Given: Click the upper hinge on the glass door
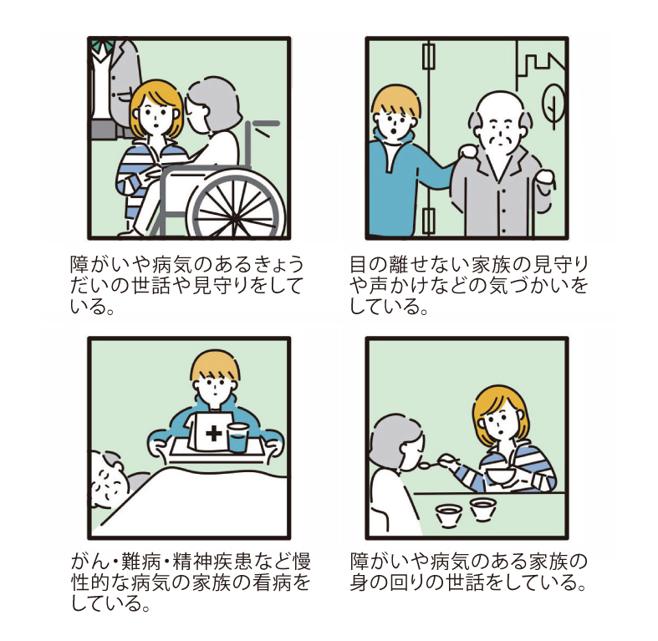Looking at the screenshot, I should [429, 57].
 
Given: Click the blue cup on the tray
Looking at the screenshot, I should [238, 438].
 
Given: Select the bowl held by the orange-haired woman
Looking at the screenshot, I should [501, 475].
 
